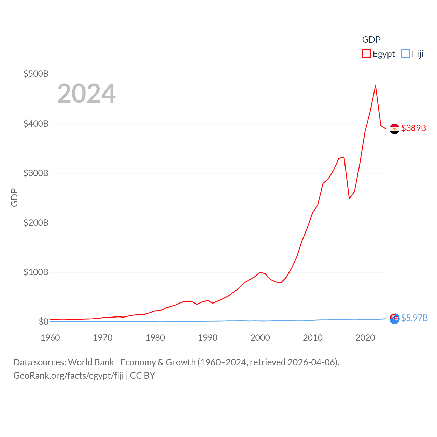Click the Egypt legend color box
366,54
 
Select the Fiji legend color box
405,54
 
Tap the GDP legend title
371,40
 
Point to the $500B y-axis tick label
36,74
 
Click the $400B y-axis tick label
36,124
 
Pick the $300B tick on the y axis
36,173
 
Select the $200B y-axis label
36,223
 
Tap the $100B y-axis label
36,272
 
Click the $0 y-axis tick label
44,322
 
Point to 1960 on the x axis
50,338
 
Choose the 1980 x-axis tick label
155,338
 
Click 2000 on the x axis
260,338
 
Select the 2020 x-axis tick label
365,338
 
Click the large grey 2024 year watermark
86,94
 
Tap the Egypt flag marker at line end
394,129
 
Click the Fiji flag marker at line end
394,319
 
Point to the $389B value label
414,128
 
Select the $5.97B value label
414,318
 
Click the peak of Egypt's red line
376,86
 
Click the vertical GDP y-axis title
14,197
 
